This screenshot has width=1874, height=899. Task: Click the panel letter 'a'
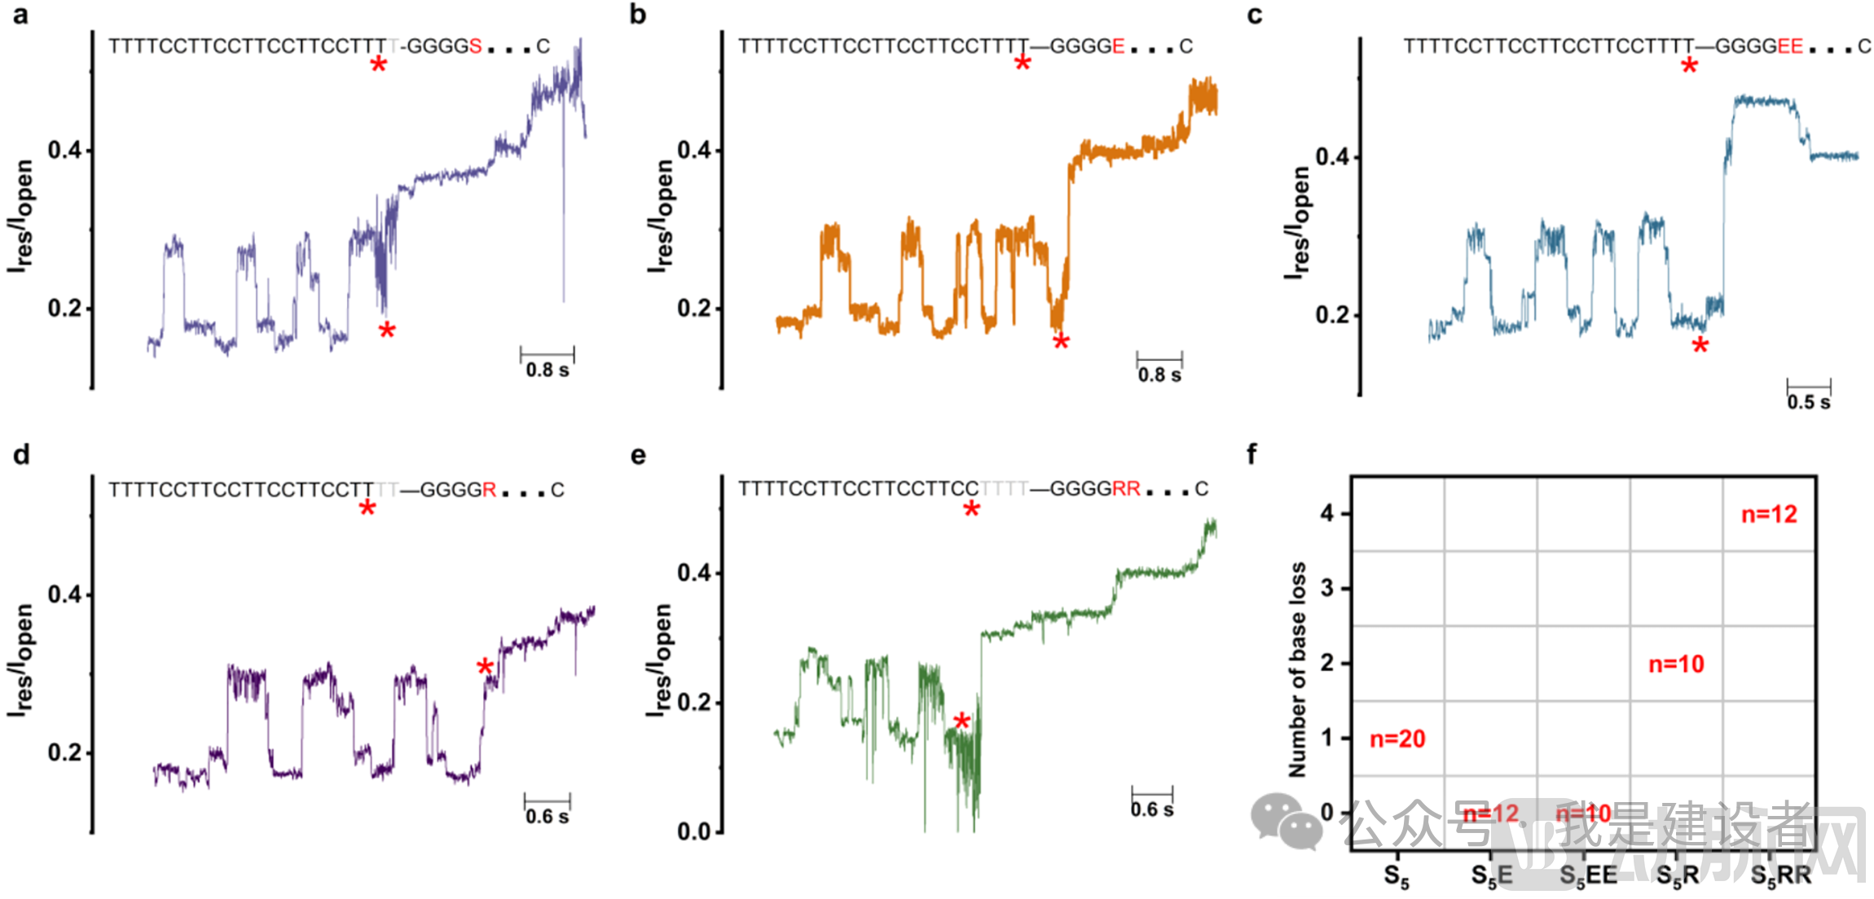tap(20, 15)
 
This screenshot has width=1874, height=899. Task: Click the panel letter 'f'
tap(1252, 454)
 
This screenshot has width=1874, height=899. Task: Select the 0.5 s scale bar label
tap(1808, 401)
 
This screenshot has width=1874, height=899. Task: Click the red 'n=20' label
tap(1397, 739)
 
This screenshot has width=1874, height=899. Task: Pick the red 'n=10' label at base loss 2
tap(1676, 664)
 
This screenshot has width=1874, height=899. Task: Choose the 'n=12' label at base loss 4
tap(1769, 514)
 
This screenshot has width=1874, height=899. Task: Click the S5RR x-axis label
tap(1780, 875)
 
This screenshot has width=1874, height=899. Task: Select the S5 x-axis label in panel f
tap(1397, 876)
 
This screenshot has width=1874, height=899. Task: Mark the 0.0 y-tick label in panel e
tap(694, 831)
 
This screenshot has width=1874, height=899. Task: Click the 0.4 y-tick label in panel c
tap(1332, 156)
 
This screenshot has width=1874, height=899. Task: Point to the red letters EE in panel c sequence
tap(1790, 46)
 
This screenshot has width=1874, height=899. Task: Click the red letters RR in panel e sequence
tap(1126, 489)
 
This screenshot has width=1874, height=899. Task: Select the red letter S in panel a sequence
tap(475, 46)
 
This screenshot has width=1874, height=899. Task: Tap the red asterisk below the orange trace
tap(1061, 342)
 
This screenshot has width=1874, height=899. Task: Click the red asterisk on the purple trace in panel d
tap(485, 668)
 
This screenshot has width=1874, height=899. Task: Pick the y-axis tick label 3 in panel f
tap(1327, 588)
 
